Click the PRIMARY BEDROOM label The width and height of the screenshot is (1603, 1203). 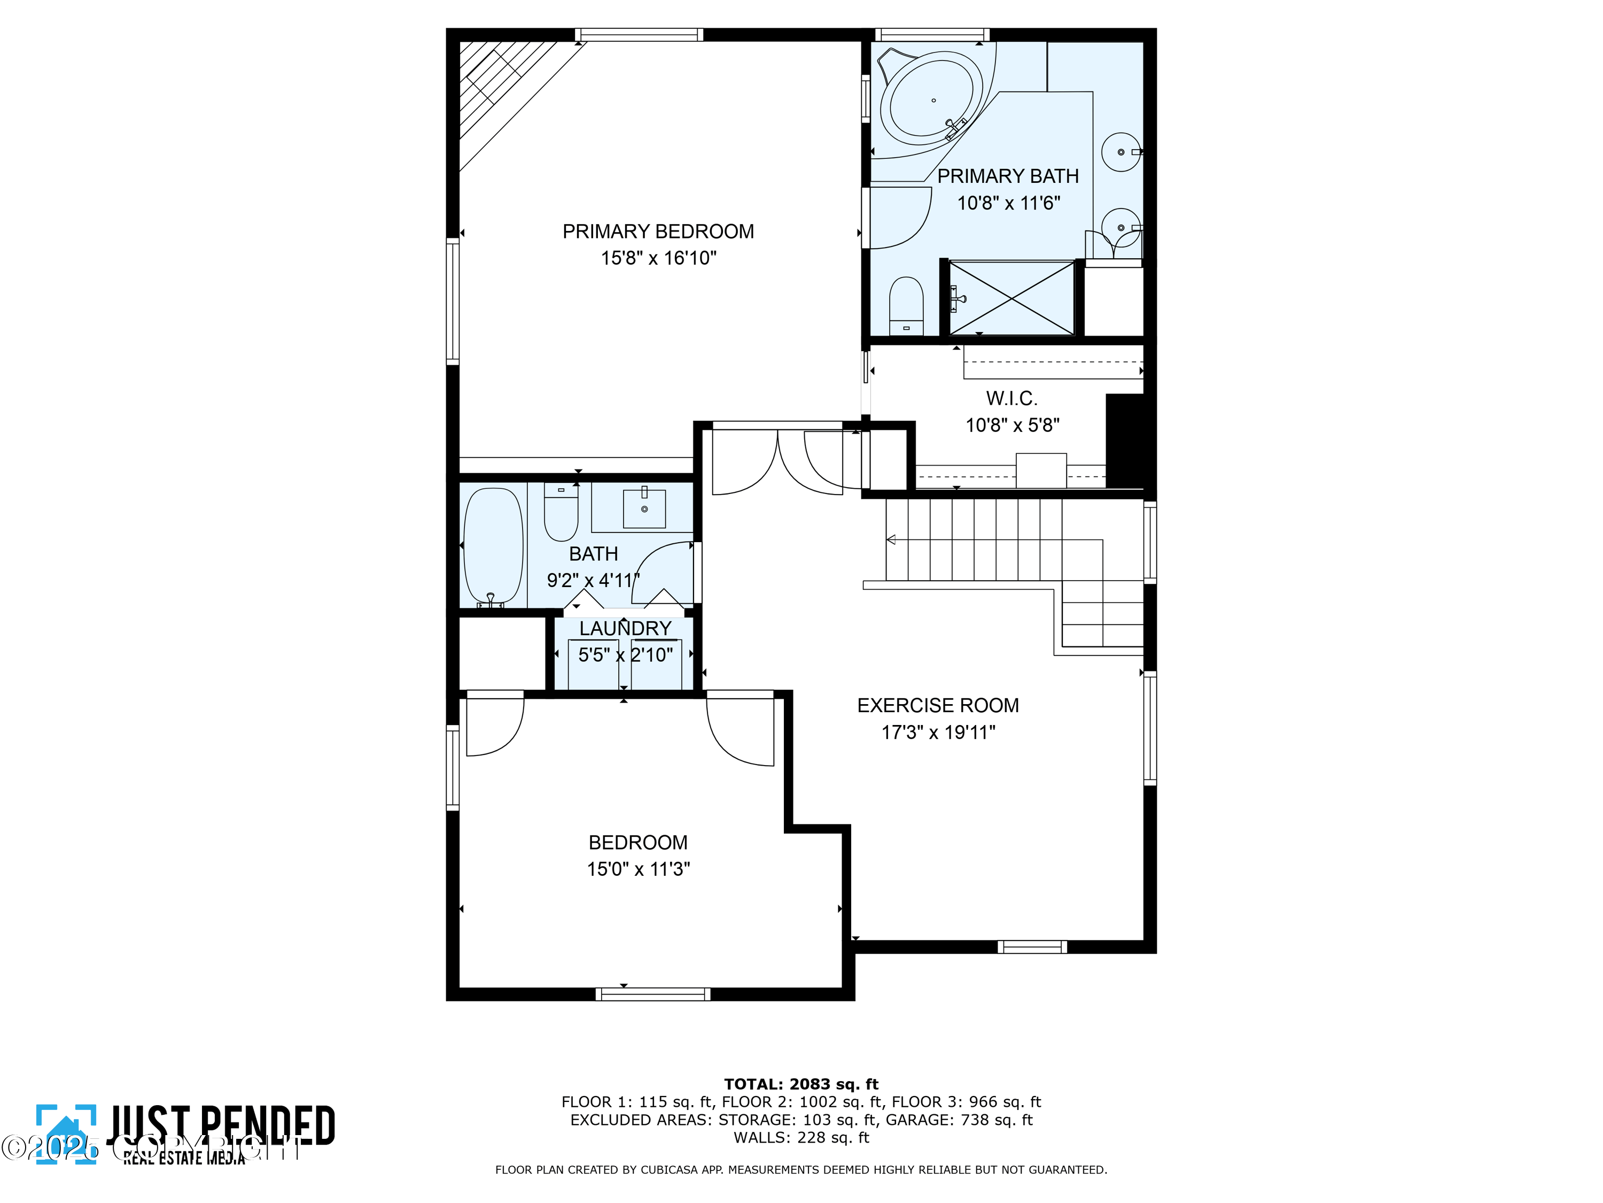pyautogui.click(x=657, y=232)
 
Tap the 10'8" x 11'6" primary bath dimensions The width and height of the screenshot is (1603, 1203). pyautogui.click(x=1008, y=203)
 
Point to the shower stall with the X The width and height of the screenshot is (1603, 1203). pyautogui.click(x=1011, y=298)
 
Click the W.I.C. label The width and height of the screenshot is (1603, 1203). pyautogui.click(x=1011, y=398)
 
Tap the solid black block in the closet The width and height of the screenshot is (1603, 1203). pyautogui.click(x=1125, y=441)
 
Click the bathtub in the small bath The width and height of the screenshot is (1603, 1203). pyautogui.click(x=493, y=546)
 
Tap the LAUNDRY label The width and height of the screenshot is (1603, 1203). pyautogui.click(x=625, y=628)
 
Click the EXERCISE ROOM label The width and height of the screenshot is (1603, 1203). pyautogui.click(x=937, y=705)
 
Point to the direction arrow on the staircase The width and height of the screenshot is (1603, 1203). pyautogui.click(x=891, y=539)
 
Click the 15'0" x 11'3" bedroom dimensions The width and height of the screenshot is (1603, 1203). pyautogui.click(x=637, y=869)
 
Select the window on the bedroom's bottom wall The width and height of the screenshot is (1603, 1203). pyautogui.click(x=652, y=994)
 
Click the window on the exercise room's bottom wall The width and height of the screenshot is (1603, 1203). pyautogui.click(x=1031, y=946)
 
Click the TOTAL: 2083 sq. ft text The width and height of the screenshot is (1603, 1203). pyautogui.click(x=801, y=1084)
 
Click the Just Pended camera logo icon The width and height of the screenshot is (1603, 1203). pyautogui.click(x=66, y=1133)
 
